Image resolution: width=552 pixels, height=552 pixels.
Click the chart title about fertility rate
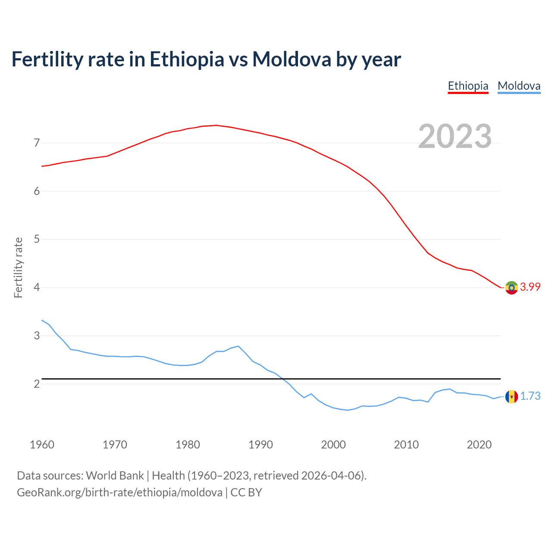click(x=206, y=59)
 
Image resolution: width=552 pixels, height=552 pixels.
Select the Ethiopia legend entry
click(x=468, y=86)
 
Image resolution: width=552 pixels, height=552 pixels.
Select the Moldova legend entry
click(x=519, y=86)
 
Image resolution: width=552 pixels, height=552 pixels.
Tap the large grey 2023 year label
click(x=455, y=136)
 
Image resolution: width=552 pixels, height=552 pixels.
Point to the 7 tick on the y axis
click(x=37, y=143)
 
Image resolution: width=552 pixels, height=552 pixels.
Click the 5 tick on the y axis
click(x=37, y=239)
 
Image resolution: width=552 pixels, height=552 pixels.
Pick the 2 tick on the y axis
click(x=37, y=384)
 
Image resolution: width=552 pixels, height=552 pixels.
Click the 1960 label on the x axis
click(x=42, y=445)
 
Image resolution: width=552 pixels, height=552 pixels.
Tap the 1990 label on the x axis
click(x=260, y=445)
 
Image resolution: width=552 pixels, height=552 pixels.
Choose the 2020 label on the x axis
click(x=479, y=445)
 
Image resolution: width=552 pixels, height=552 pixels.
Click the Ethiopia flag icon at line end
click(x=511, y=287)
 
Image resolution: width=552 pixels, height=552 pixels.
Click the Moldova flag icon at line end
click(x=511, y=396)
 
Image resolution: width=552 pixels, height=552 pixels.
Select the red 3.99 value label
click(x=530, y=287)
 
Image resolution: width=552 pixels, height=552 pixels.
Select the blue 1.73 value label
click(x=530, y=396)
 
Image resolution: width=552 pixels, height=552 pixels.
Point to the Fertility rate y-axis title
click(x=18, y=267)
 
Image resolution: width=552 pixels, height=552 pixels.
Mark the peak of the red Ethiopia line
click(x=216, y=125)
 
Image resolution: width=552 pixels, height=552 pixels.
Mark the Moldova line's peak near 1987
click(x=238, y=346)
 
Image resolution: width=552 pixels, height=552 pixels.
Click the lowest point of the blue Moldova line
click(x=348, y=410)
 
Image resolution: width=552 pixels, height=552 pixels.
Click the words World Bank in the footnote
click(x=115, y=476)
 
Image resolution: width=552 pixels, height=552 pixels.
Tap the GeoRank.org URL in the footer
click(x=119, y=492)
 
